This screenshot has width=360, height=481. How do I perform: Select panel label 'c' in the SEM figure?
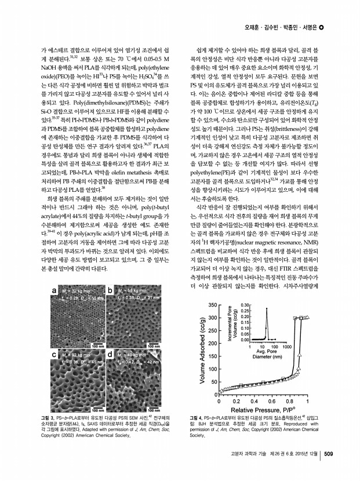(55, 352)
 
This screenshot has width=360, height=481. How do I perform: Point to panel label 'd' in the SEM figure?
(110, 352)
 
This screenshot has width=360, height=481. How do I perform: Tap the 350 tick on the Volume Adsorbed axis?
(212, 304)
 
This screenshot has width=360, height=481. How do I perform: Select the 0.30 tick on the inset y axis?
(245, 305)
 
